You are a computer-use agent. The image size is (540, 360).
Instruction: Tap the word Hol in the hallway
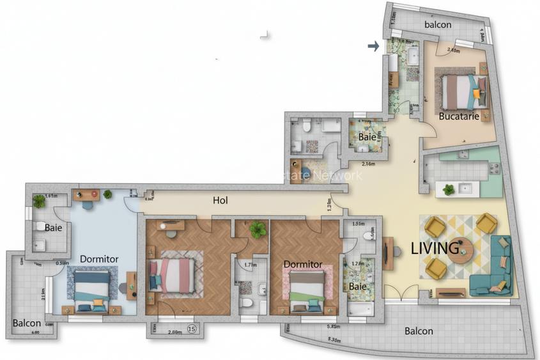tap(220, 200)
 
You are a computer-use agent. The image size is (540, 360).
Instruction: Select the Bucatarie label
tap(459, 116)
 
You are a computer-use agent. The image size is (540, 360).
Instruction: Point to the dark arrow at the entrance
tap(373, 45)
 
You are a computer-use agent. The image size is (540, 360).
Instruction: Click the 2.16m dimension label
tap(369, 164)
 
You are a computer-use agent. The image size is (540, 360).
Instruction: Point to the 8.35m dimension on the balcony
tap(334, 340)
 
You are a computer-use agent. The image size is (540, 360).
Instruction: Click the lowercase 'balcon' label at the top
tap(438, 25)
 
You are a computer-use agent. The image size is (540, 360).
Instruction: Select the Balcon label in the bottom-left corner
tap(27, 323)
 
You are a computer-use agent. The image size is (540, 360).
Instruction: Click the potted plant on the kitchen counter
tap(449, 189)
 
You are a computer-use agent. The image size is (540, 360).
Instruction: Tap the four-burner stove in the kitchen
tap(493, 169)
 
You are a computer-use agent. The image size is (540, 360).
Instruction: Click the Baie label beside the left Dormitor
tap(54, 228)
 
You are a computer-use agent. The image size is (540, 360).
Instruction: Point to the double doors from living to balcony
tap(403, 294)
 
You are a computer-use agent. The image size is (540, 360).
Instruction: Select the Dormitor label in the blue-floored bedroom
tap(99, 259)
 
